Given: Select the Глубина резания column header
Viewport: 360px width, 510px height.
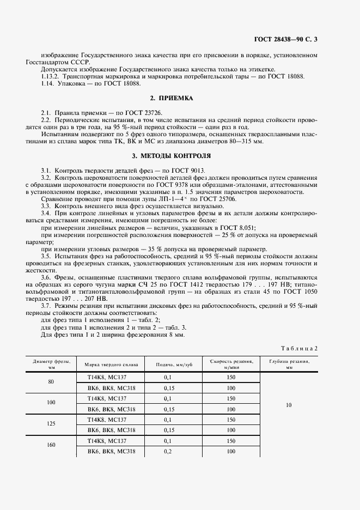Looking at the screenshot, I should [x=289, y=364].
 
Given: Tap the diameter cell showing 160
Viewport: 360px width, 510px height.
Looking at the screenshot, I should [x=51, y=445].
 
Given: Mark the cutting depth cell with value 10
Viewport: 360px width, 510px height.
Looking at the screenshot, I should [x=289, y=405].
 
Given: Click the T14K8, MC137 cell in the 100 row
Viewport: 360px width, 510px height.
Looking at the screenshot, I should [x=107, y=398].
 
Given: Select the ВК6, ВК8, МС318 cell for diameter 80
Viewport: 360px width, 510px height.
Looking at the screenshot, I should [x=111, y=388].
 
